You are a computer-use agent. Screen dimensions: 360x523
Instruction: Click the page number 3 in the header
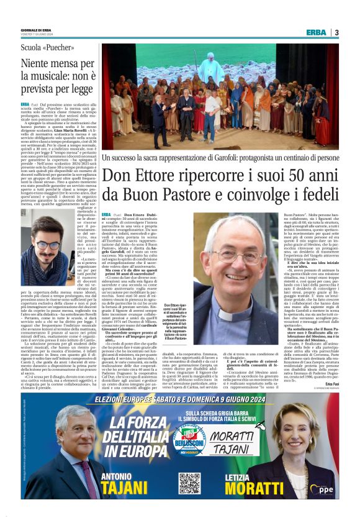coord(336,32)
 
